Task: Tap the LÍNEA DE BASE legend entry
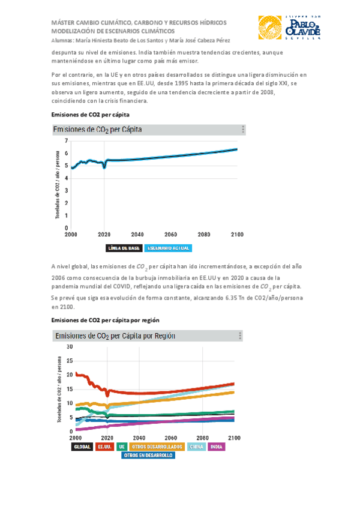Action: point(124,247)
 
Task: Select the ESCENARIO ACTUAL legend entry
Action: point(167,247)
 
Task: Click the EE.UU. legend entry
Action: point(105,447)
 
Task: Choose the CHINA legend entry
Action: point(196,447)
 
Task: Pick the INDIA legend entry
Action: point(217,447)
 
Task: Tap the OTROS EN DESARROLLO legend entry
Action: point(148,456)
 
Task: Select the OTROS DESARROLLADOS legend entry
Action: point(157,447)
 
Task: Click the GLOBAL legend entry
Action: point(82,447)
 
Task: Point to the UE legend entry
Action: point(122,447)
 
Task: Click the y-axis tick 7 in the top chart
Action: point(66,140)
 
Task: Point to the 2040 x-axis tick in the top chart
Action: point(137,233)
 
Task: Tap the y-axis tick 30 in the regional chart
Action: point(69,347)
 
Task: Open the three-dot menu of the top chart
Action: point(243,129)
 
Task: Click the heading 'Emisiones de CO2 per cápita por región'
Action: point(106,320)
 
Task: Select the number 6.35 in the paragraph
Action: point(236,298)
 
